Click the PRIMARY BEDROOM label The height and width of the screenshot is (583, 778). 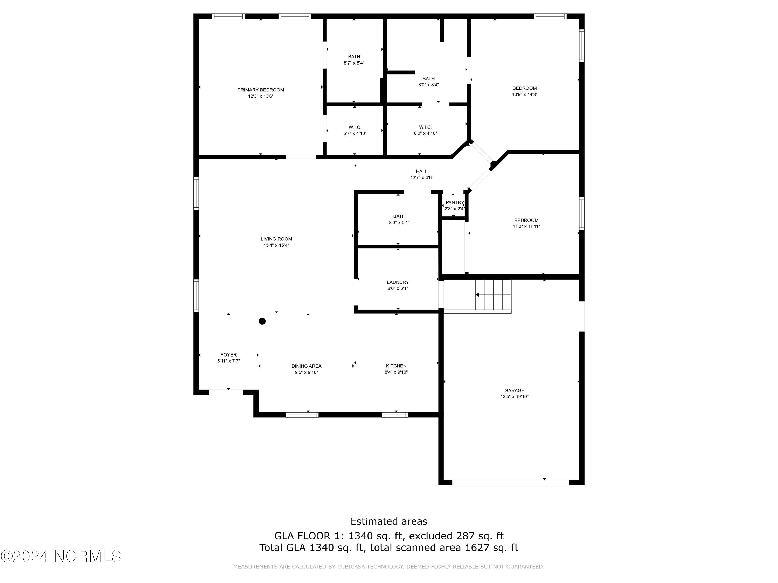point(261,90)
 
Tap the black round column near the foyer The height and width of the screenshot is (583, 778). point(262,321)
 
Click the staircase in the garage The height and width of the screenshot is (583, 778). point(493,295)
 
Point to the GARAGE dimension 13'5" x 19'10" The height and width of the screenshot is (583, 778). point(515,397)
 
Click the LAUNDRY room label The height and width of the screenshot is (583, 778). point(398,282)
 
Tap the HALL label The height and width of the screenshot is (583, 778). point(421,172)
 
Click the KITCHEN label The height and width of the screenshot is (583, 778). point(396,366)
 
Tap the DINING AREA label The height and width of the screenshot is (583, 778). point(306,366)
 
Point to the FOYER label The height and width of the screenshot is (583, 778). point(229,355)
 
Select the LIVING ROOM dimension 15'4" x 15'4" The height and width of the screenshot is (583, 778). point(276,245)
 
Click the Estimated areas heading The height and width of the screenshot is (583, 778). point(389,522)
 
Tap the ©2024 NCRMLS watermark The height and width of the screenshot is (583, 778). point(60,556)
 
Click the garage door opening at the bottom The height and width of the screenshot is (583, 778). point(510,482)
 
